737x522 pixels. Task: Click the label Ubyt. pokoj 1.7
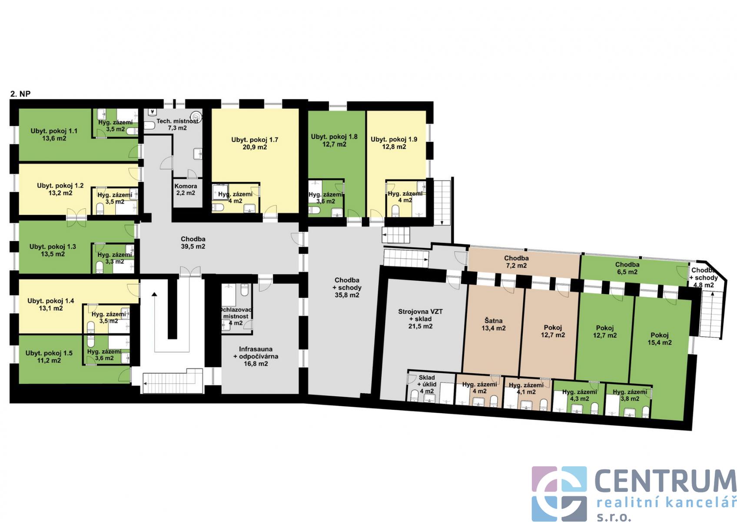(x=255, y=140)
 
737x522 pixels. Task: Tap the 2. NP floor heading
(x=20, y=94)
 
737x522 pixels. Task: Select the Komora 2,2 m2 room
(x=186, y=190)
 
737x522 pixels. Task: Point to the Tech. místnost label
(x=177, y=121)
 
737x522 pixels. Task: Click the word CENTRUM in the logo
(x=665, y=481)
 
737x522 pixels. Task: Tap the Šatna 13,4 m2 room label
(x=494, y=325)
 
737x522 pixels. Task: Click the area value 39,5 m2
(x=193, y=247)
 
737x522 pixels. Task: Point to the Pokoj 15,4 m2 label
(x=660, y=339)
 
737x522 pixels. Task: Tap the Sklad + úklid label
(x=427, y=381)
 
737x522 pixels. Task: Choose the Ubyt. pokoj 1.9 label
(x=394, y=139)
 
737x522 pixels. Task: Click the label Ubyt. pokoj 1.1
(x=54, y=131)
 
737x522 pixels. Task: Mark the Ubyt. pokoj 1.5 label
(x=49, y=353)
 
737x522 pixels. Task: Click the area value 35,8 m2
(x=347, y=295)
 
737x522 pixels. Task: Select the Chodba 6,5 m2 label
(x=627, y=268)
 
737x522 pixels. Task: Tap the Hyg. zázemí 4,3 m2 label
(x=579, y=395)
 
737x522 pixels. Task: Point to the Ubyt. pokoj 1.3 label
(x=53, y=247)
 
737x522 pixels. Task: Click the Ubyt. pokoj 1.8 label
(x=334, y=137)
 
